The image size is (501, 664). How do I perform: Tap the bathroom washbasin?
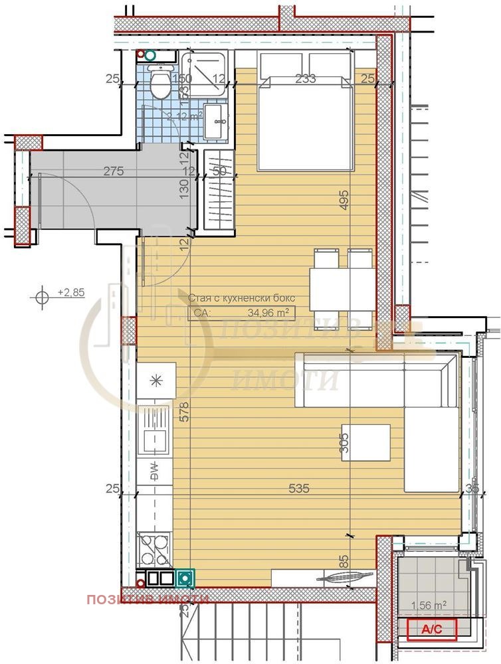[215, 121]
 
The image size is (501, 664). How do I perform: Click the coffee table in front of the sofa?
[366, 442]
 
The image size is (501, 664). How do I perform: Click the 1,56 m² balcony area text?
[429, 605]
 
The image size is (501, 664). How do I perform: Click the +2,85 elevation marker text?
[71, 291]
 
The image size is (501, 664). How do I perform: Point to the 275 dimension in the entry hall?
[114, 171]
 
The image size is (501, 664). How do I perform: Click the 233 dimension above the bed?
[305, 79]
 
